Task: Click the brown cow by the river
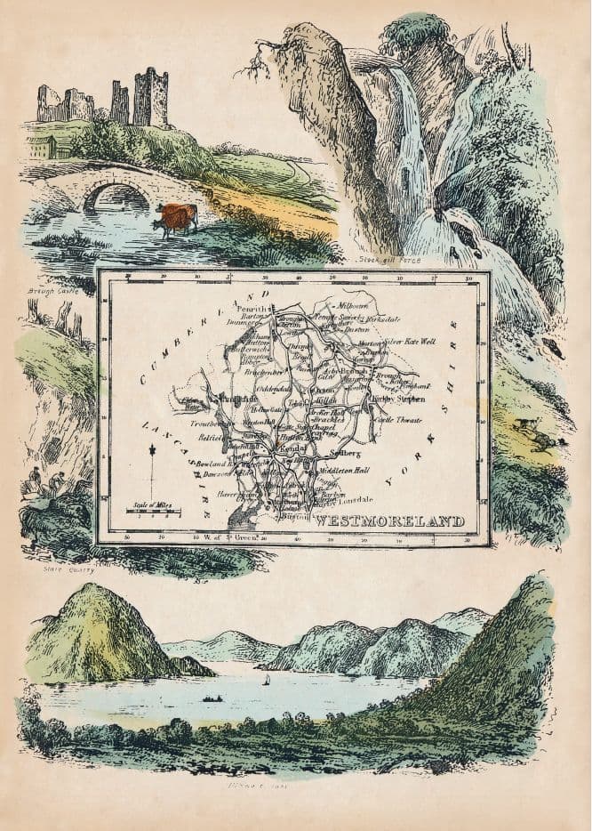[x=176, y=218]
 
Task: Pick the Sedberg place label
[x=343, y=452]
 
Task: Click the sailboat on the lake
[x=268, y=680]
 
